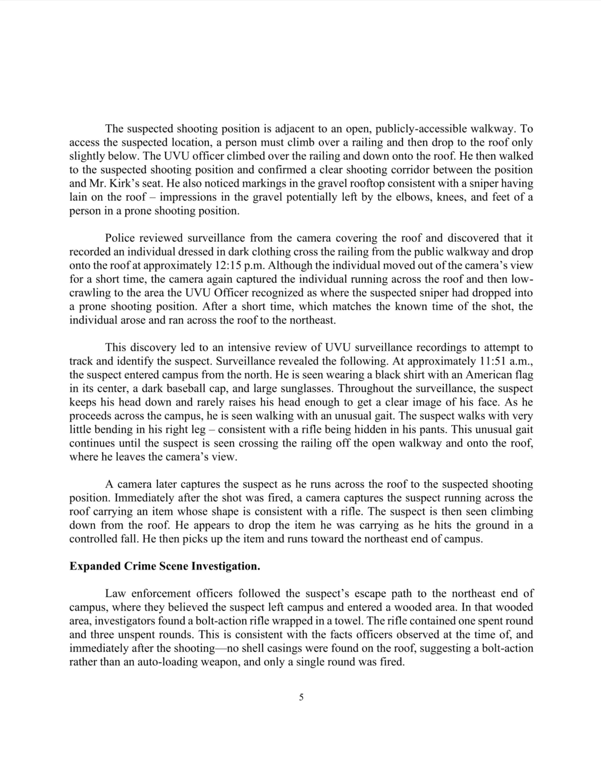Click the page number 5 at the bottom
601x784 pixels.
pos(301,697)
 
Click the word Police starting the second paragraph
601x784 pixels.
pos(120,238)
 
